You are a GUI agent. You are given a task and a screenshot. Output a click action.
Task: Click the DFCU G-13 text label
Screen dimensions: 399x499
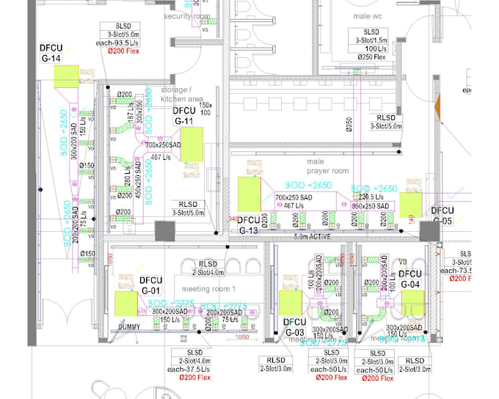[248, 224]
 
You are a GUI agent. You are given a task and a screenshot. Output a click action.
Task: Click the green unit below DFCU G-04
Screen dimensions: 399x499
[413, 301]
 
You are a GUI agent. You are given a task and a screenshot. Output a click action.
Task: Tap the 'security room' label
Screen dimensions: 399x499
[186, 15]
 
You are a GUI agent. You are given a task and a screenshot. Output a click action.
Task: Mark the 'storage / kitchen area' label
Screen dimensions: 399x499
[181, 94]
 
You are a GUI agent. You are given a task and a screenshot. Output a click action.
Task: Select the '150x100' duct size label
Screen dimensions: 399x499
[206, 109]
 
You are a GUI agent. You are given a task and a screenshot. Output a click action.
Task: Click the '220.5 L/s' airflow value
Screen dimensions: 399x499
[372, 197]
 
